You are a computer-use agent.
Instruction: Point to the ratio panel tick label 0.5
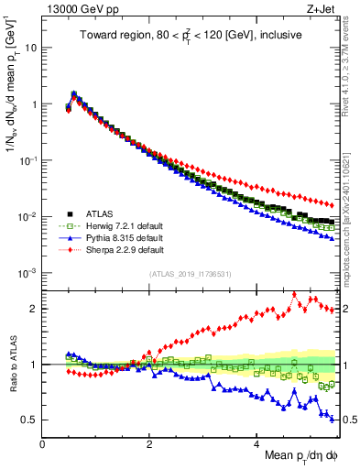[x=30, y=420]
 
